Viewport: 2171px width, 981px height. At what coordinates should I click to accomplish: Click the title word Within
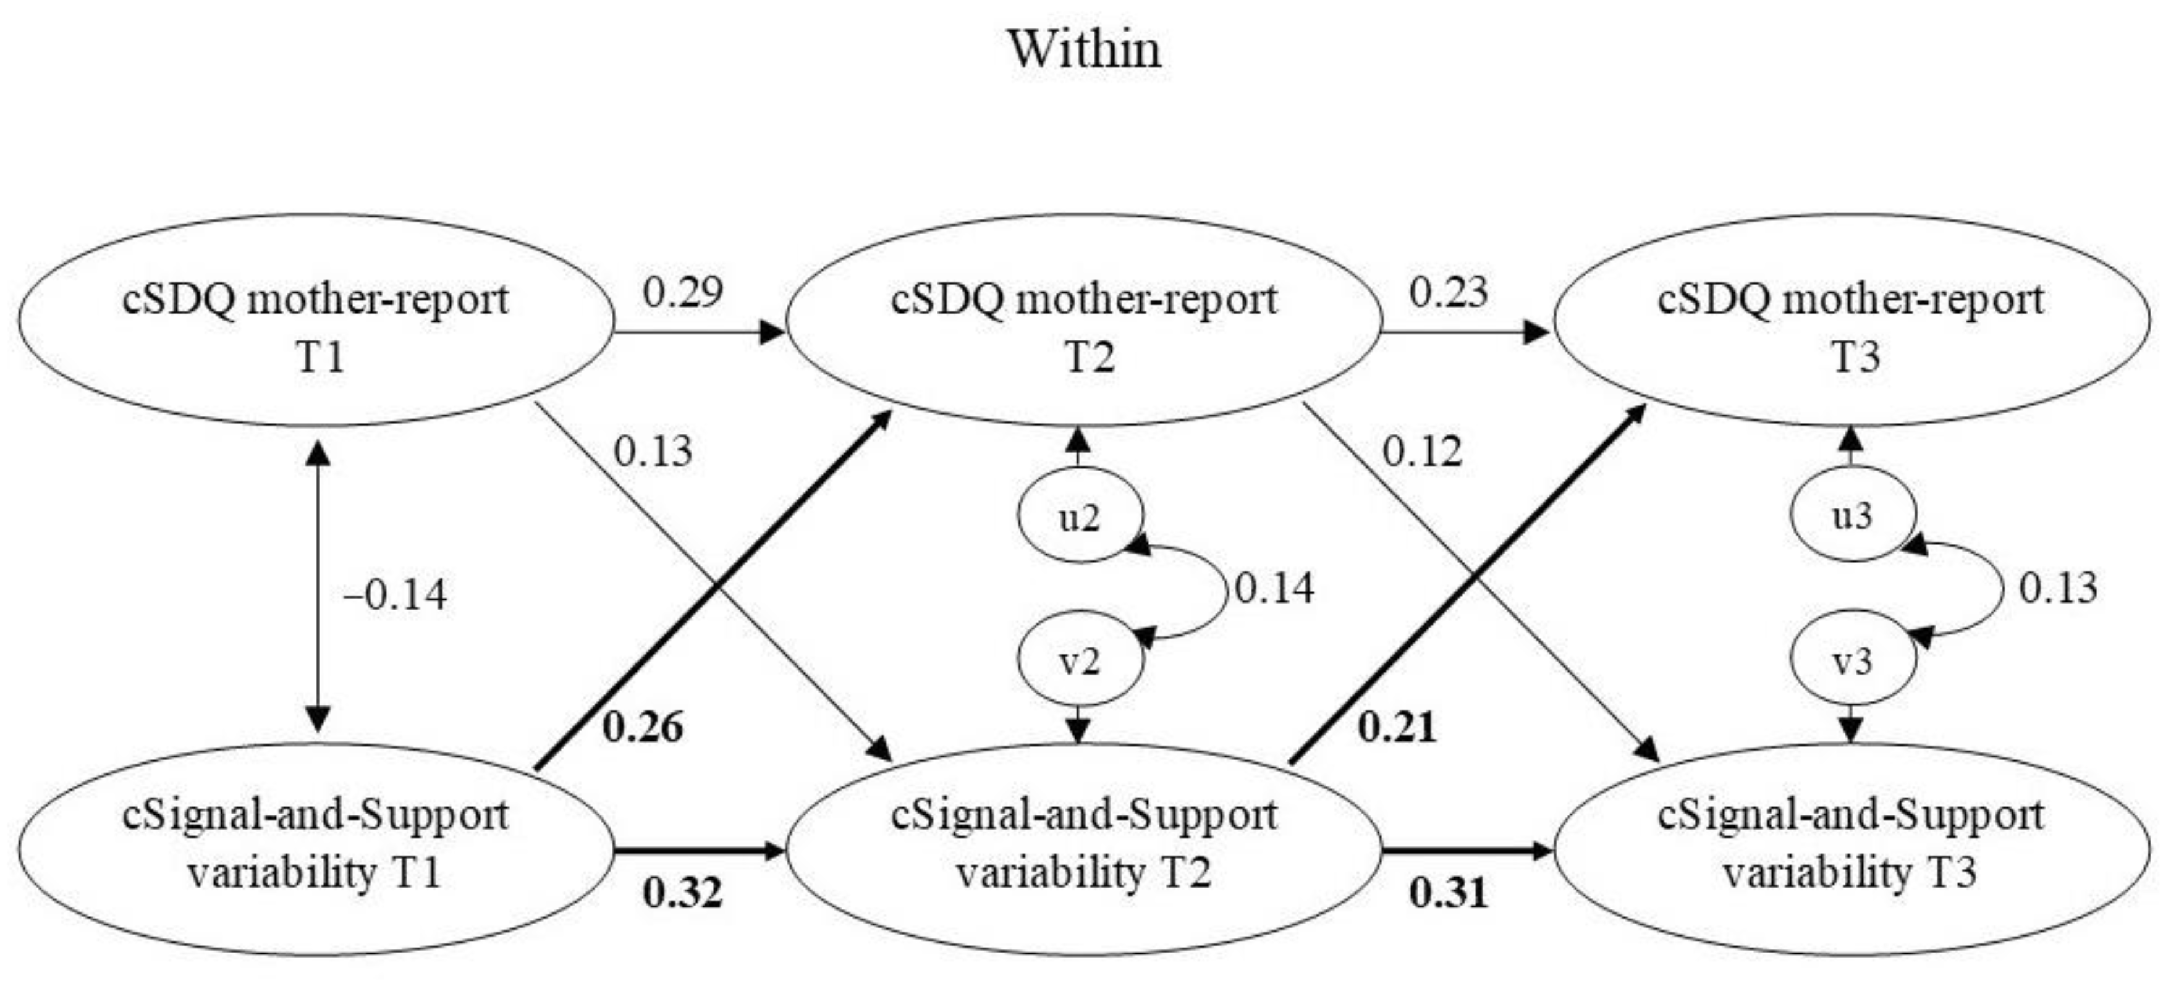click(x=1085, y=49)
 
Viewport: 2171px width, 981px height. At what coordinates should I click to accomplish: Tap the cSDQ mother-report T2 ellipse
click(x=1084, y=320)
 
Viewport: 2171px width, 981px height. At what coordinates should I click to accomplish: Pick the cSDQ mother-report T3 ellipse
click(x=1851, y=320)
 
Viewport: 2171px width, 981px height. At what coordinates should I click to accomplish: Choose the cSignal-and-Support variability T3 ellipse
click(x=1851, y=847)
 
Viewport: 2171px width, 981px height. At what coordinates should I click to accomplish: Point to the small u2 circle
click(x=1080, y=516)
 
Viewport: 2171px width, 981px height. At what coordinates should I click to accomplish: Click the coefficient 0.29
click(x=683, y=292)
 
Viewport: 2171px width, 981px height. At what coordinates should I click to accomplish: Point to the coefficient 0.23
click(x=1449, y=292)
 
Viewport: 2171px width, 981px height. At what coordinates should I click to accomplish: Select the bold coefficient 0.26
click(x=642, y=727)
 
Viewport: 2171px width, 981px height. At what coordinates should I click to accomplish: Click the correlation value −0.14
click(x=394, y=595)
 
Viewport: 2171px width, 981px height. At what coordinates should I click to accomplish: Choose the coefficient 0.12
click(x=1422, y=452)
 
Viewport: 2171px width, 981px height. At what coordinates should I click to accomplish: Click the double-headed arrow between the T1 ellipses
click(x=317, y=586)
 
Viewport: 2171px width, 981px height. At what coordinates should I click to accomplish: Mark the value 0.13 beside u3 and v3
click(x=2058, y=587)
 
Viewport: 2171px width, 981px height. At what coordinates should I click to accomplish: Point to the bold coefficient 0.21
click(x=1397, y=727)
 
